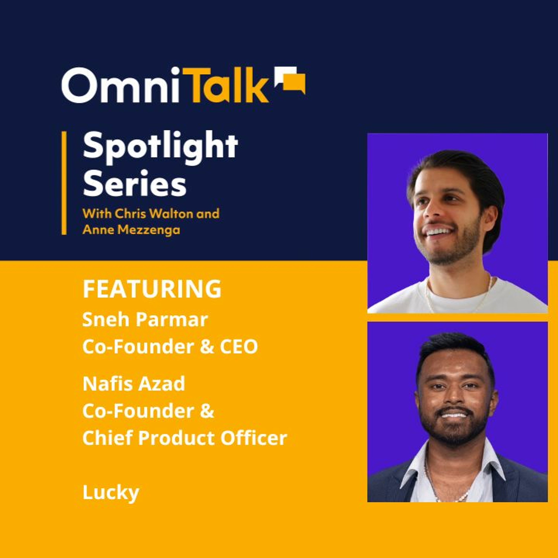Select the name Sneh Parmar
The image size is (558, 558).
coord(145,320)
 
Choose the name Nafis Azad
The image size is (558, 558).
coord(134,384)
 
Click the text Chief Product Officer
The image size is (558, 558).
coord(185,438)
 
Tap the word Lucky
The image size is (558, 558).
coord(111,493)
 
